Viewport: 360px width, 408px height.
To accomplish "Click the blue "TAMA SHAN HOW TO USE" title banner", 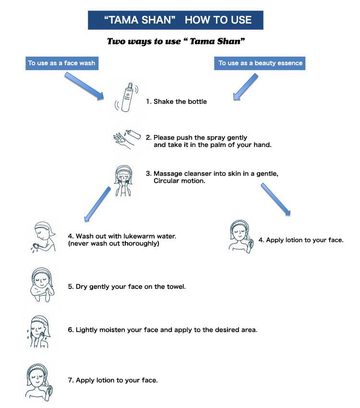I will click(176, 20).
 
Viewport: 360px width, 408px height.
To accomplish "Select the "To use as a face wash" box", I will click(61, 63).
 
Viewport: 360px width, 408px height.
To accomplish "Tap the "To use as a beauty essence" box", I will click(260, 63).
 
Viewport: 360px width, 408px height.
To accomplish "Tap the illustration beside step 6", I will click(38, 330).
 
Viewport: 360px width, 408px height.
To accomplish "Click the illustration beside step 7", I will click(39, 381).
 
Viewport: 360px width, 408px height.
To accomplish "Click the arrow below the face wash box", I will click(84, 86).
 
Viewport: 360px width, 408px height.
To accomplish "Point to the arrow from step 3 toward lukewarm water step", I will click(97, 204).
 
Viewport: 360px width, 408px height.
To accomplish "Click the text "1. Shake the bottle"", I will click(176, 102).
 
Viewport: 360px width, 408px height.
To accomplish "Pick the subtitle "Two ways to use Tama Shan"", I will click(176, 42).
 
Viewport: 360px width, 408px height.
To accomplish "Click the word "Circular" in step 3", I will click(167, 181).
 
